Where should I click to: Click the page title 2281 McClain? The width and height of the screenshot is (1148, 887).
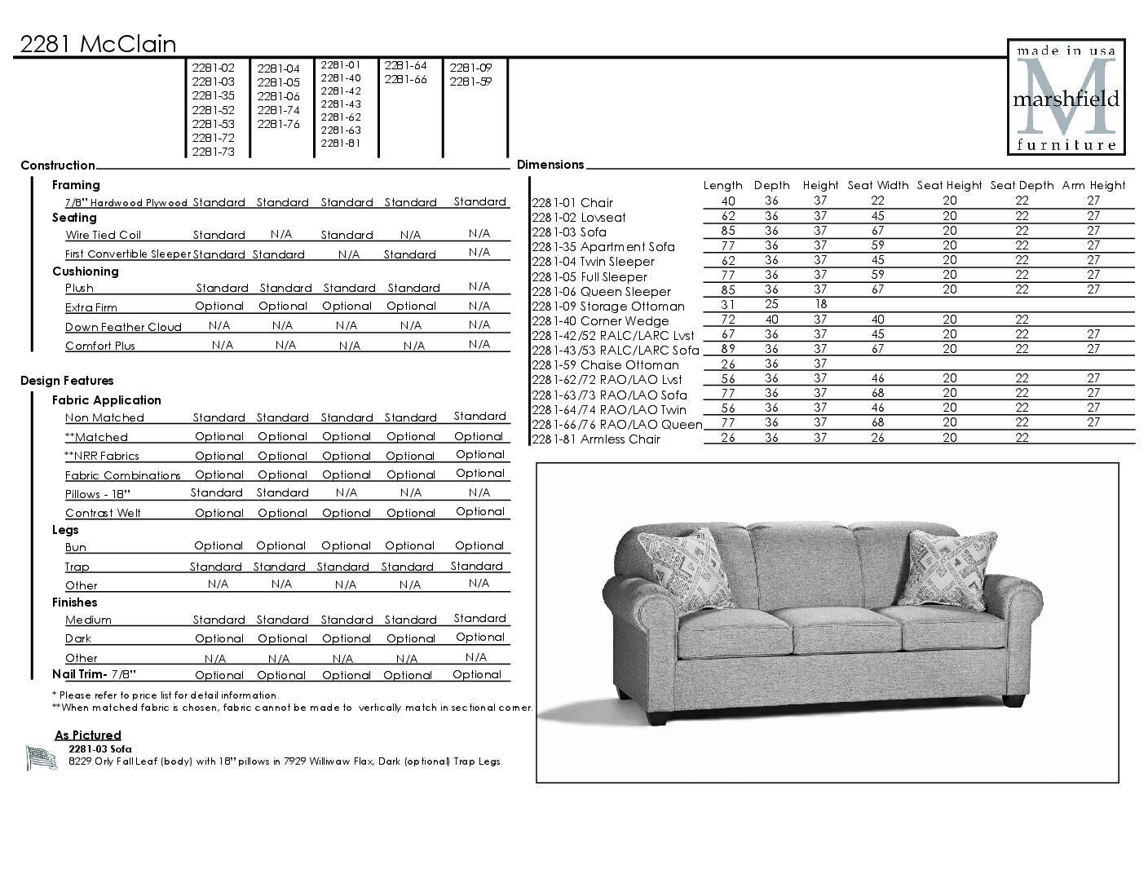point(98,44)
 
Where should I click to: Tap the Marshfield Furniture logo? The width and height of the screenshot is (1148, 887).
point(1066,96)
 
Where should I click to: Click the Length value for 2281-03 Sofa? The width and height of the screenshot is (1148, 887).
point(727,231)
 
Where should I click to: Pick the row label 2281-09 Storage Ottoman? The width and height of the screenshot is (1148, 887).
point(608,307)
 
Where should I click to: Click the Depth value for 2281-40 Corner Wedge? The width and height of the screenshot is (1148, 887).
point(771,320)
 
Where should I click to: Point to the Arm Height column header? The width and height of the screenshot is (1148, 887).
point(1093,185)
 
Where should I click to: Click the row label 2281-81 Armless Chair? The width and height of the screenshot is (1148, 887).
point(595,439)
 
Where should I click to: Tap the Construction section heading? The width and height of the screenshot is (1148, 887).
point(58,165)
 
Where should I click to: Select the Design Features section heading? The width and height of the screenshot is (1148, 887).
point(67,381)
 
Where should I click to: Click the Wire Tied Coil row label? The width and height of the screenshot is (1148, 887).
point(103,235)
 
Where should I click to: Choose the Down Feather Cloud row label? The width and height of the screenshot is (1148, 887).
point(123,327)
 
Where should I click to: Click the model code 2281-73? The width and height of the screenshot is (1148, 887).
point(213,152)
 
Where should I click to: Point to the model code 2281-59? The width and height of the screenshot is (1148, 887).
point(470,82)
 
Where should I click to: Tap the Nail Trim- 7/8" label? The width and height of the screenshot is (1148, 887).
point(94,674)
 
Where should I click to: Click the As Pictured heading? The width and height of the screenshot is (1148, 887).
point(88,735)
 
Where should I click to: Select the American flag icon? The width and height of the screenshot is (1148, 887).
point(41,758)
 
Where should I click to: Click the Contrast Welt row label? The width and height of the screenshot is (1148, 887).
point(103,513)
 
